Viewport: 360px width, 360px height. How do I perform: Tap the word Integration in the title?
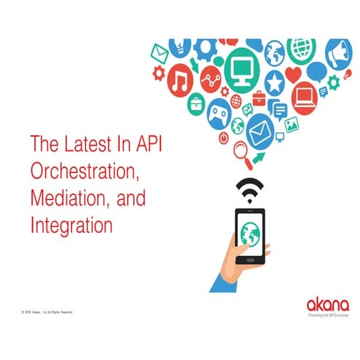[x=71, y=225]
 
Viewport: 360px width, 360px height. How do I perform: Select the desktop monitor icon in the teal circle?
[x=240, y=68]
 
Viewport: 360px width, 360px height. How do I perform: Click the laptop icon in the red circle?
[x=305, y=95]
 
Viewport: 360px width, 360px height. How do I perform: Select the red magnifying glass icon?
[x=241, y=153]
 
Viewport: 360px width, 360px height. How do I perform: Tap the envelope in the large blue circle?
[x=259, y=133]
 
